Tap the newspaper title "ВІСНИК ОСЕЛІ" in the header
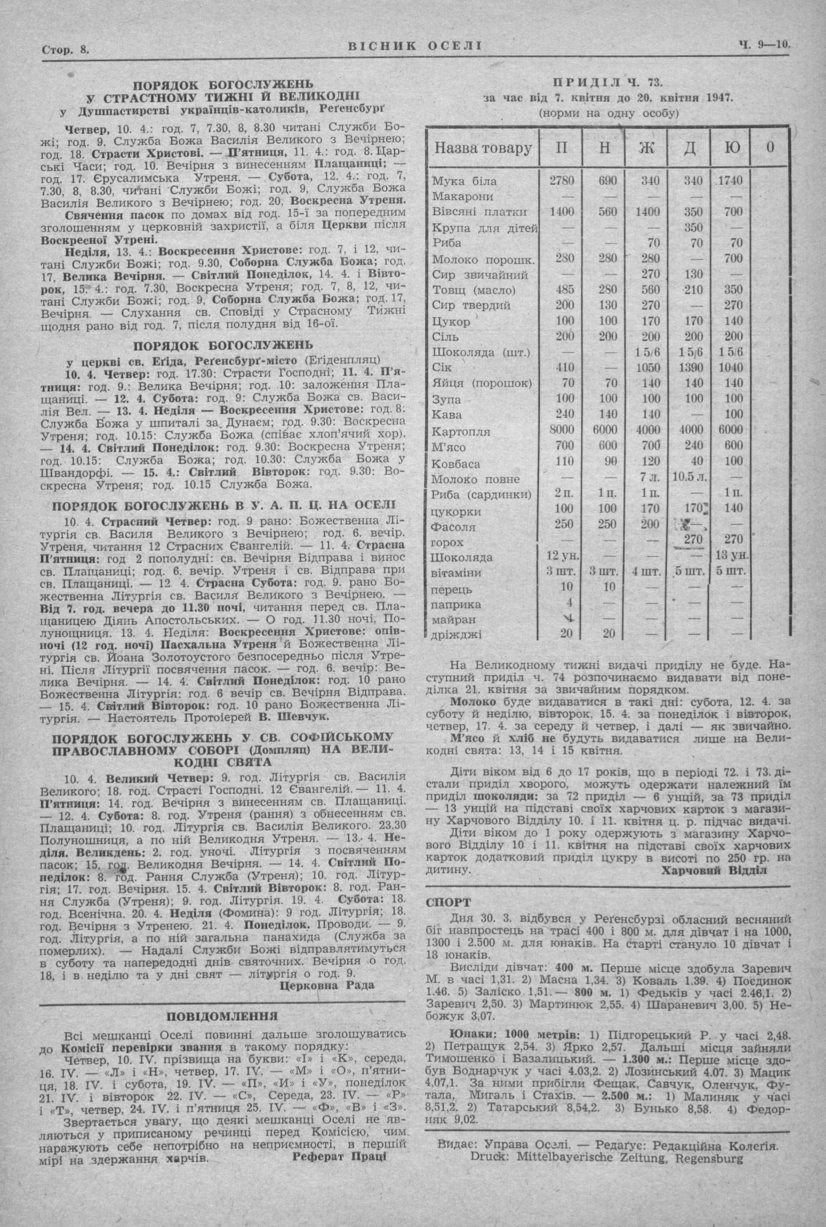(x=415, y=46)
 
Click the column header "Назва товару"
(x=483, y=148)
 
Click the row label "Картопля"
(x=461, y=432)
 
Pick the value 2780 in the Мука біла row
(x=561, y=181)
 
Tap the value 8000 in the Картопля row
(x=561, y=430)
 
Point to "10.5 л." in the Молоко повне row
(x=690, y=478)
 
